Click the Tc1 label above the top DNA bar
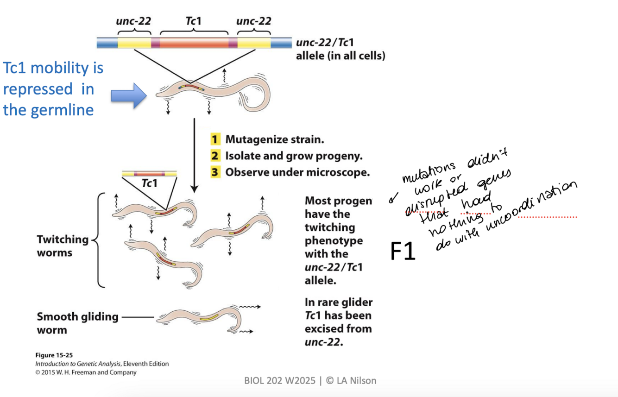[193, 21]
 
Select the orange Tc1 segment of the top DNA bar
[194, 43]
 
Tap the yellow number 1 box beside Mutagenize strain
[214, 139]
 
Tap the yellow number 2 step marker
[214, 156]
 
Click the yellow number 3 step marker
[214, 172]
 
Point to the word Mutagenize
[254, 139]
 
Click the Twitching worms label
[62, 246]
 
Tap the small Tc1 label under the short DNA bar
[149, 183]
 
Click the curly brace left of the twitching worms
[97, 240]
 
